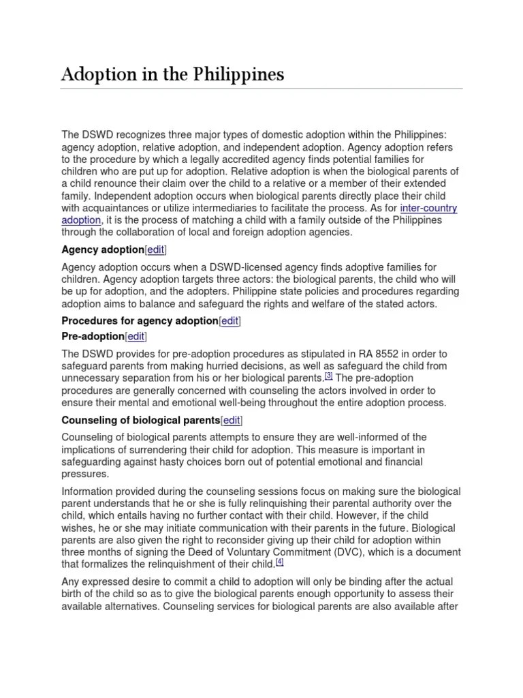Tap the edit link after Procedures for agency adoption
coord(229,320)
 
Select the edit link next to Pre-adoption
coord(136,336)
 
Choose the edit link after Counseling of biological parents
coord(232,420)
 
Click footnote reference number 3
coord(329,375)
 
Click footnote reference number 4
coord(279,562)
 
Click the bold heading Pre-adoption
coord(93,336)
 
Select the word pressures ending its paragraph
coord(85,474)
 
